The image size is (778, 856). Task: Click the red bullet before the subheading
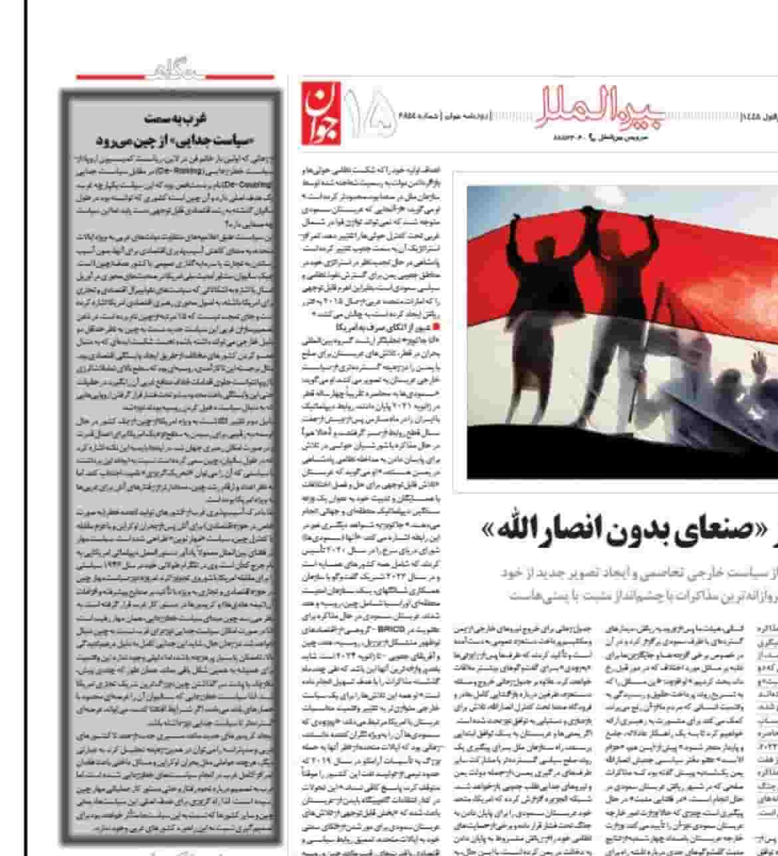tap(436, 327)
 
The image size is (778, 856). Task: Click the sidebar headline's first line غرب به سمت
tap(176, 118)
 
